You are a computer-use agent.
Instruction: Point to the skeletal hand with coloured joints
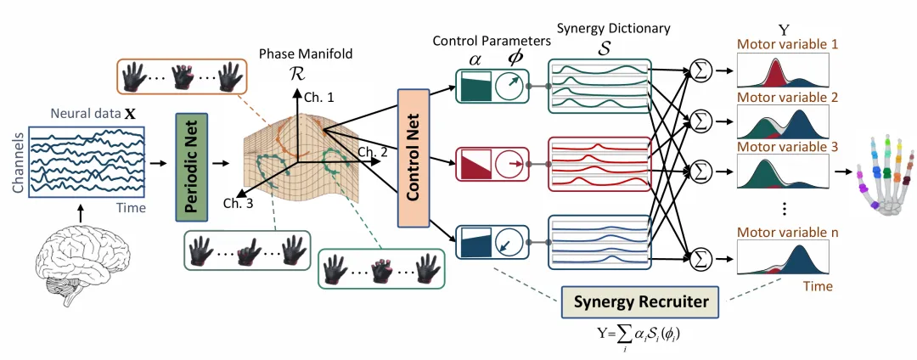click(x=884, y=175)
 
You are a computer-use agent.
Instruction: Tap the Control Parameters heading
click(x=487, y=41)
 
